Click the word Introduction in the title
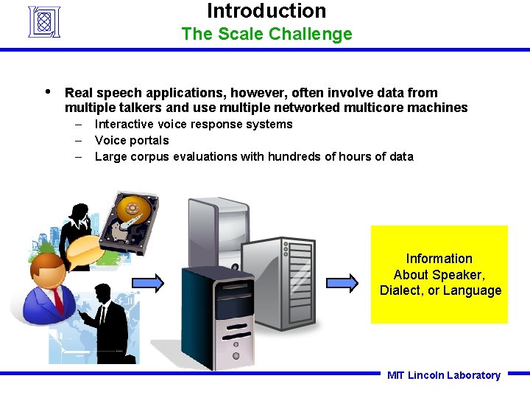point(266,11)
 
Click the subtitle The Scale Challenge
point(266,34)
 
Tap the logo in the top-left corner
point(43,21)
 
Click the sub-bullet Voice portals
point(132,140)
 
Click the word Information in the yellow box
point(439,259)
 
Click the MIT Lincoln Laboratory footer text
point(443,375)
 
